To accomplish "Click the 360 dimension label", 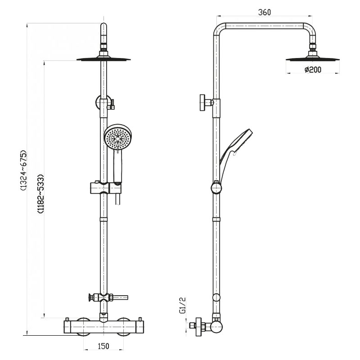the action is (x=265, y=12).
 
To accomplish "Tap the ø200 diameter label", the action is (x=313, y=70).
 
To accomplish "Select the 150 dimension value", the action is (x=103, y=346).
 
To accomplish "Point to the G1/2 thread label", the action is (x=183, y=306).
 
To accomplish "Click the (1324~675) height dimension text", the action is (x=24, y=171).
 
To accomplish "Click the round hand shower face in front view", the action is (x=117, y=138).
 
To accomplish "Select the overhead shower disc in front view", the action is (x=103, y=59).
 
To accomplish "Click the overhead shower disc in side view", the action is (x=313, y=59).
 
